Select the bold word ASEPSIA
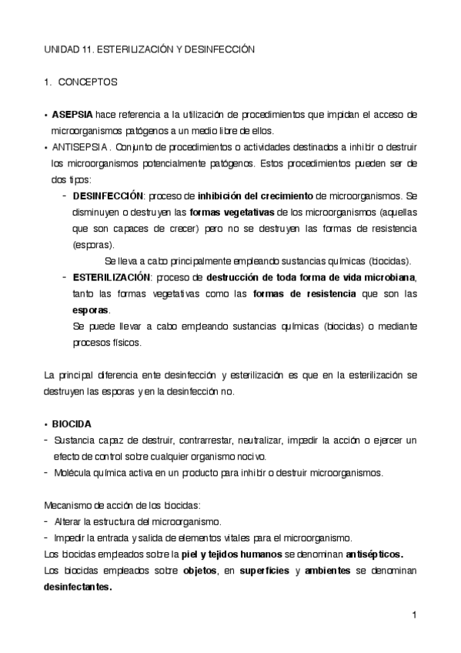tap(72, 115)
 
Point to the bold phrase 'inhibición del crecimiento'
tap(256, 196)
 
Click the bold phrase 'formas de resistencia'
tap(304, 293)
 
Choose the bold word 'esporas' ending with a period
tap(91, 310)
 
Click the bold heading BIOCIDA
tap(72, 424)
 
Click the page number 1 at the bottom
tap(414, 614)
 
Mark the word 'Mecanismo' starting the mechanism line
tap(69, 505)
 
